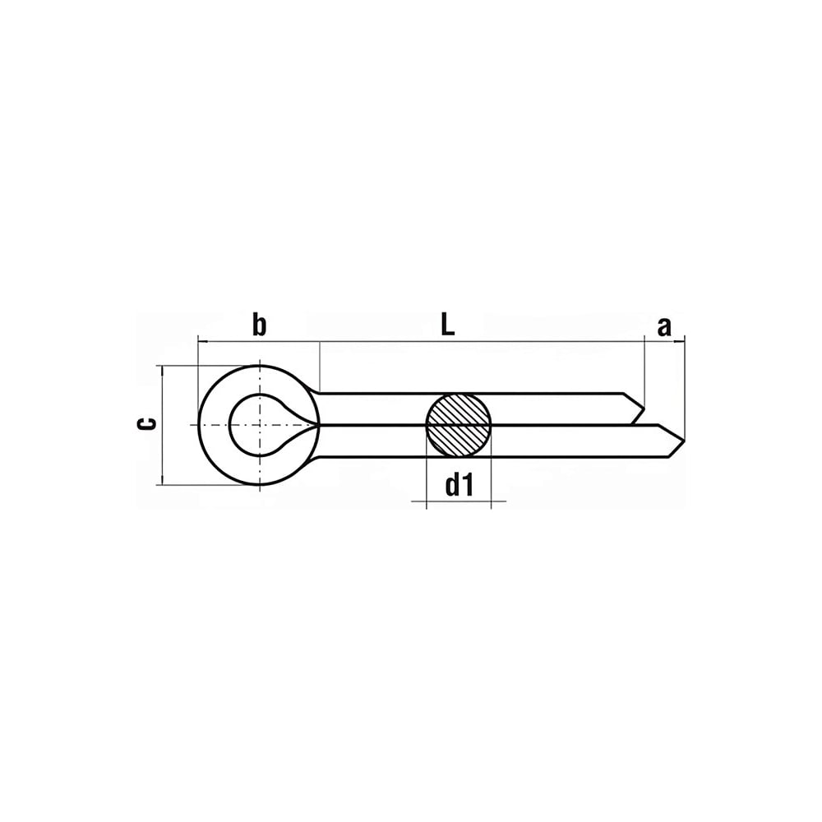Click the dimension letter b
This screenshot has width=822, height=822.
pos(259,325)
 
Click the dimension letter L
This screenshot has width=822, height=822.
pos(447,325)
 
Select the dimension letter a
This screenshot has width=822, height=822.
pos(663,326)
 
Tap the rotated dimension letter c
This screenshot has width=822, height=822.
pos(147,423)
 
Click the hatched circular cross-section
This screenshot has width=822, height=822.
pos(459,425)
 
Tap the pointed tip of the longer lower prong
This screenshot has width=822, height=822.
pos(684,441)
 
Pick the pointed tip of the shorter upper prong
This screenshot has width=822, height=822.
pos(644,409)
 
